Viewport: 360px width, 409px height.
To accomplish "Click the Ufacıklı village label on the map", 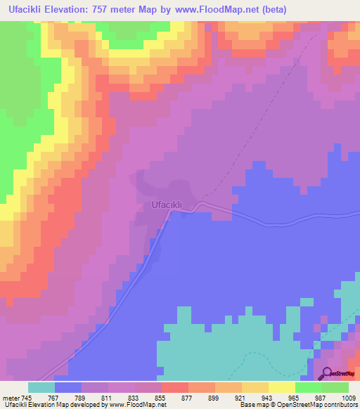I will click(167, 204).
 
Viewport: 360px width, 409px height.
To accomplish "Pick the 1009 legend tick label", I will click(348, 397).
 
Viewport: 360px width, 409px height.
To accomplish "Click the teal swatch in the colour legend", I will click(41, 387).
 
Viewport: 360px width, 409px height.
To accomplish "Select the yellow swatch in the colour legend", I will click(282, 387).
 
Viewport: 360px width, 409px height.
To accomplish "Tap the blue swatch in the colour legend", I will click(68, 387).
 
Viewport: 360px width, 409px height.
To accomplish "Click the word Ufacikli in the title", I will click(29, 9).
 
